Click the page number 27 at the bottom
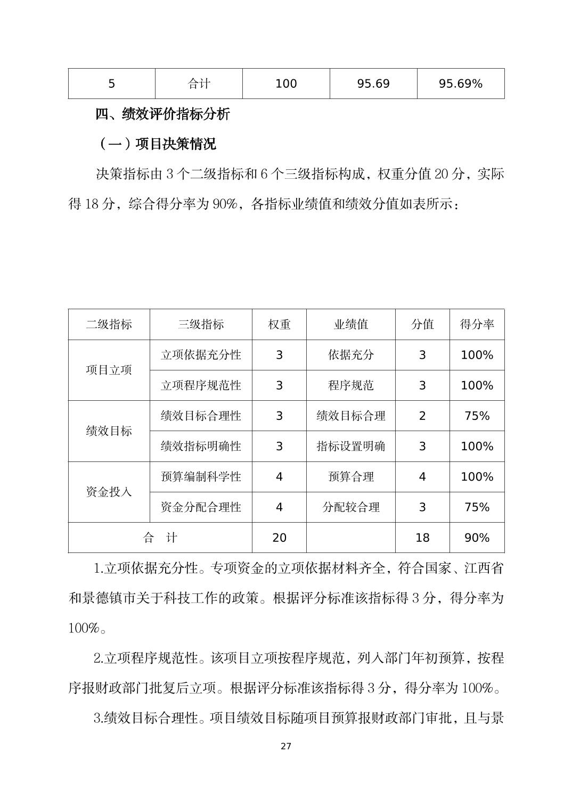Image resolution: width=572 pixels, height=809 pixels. coord(286,746)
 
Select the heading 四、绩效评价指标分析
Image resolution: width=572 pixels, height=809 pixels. coord(162,113)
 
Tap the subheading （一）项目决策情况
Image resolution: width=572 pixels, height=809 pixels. coord(157,144)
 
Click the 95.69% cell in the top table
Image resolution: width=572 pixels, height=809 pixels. coord(460,84)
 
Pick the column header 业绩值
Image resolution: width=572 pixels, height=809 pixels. coord(350,324)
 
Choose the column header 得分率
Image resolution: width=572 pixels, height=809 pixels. coord(477,324)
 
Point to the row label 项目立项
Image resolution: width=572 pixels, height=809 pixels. coord(109,370)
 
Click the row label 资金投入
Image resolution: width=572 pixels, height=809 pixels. coord(109,492)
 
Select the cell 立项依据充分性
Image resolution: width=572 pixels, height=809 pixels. coord(201,355)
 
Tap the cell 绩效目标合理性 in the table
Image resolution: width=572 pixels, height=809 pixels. coord(201,416)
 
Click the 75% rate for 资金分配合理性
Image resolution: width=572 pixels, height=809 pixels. coord(477,507)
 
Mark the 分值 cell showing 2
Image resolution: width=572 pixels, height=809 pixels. coord(422,416)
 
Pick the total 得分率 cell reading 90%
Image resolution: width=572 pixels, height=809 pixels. coord(477,538)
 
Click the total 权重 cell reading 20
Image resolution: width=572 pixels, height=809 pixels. coord(279,538)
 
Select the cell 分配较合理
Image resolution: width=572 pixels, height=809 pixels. coord(350,507)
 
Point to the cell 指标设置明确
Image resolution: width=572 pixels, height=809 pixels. coord(350,446)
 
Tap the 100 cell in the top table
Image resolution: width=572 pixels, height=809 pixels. coord(286,84)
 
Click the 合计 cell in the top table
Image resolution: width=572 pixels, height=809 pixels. coord(199,84)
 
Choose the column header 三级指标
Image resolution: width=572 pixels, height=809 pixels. coord(201,324)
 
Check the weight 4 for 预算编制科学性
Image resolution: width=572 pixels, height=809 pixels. coord(279,476)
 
